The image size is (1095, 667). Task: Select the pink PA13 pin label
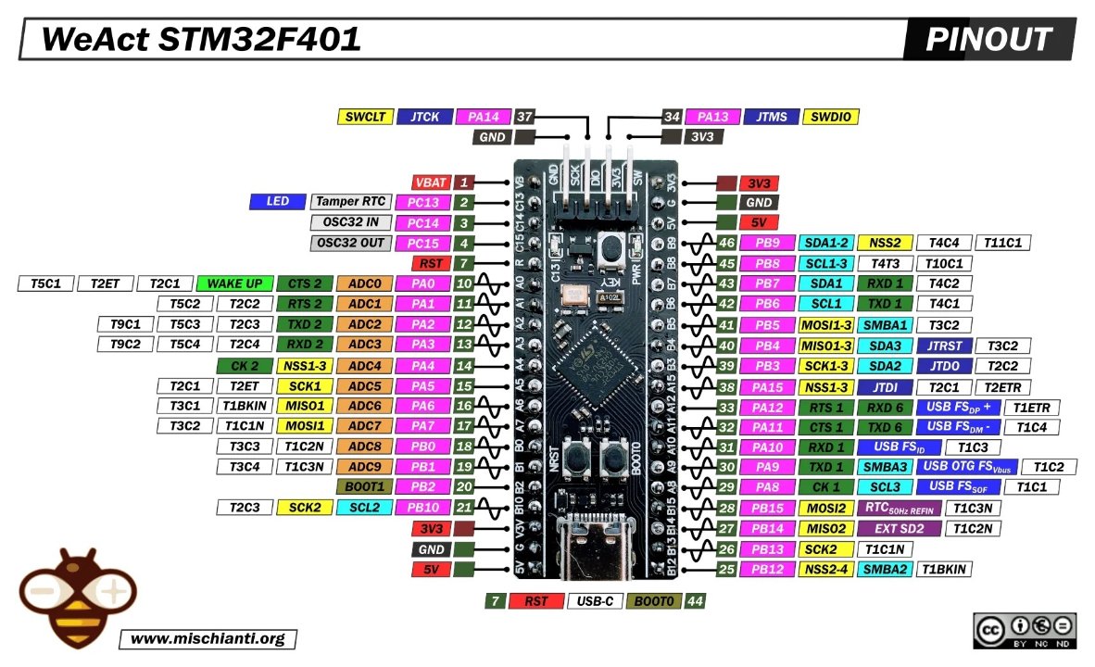(711, 117)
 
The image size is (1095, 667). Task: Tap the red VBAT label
(432, 182)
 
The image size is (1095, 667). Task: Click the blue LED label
(277, 202)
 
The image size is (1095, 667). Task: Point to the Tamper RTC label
(349, 202)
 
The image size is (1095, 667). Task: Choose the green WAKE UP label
(234, 283)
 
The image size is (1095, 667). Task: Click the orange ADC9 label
(364, 466)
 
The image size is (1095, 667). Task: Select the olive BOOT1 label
(364, 486)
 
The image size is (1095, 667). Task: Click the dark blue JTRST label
(950, 345)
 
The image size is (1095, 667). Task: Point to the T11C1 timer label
(1002, 243)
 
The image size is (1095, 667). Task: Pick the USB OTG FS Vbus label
(967, 466)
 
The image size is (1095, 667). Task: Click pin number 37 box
(524, 117)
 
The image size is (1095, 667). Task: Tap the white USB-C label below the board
(594, 601)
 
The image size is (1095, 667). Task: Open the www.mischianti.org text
(208, 639)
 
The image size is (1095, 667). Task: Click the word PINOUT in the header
(988, 39)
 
